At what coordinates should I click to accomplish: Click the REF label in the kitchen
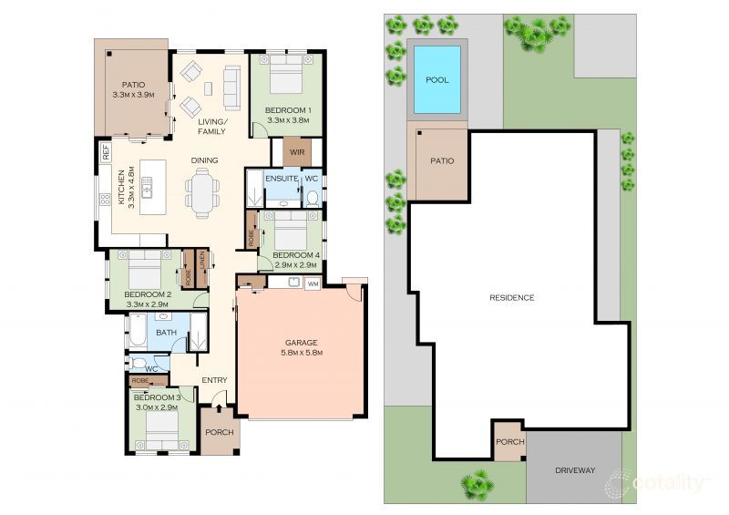[x=106, y=152]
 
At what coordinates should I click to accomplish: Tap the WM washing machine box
[x=313, y=283]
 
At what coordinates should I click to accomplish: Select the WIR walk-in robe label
[x=297, y=152]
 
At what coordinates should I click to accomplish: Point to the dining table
[x=202, y=193]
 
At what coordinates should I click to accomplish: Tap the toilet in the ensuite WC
[x=312, y=199]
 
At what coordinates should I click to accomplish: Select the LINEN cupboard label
[x=201, y=263]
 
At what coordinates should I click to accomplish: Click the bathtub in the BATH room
[x=138, y=330]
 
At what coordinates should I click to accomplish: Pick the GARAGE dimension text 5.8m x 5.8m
[x=302, y=353]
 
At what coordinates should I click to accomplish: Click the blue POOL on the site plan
[x=437, y=79]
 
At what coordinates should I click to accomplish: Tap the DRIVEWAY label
[x=575, y=470]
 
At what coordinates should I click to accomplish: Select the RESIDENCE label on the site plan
[x=512, y=298]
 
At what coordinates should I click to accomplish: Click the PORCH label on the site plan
[x=510, y=441]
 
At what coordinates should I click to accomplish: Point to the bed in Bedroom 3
[x=162, y=430]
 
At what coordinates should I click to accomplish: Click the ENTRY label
[x=214, y=380]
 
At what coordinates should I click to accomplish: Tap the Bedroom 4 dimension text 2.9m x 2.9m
[x=295, y=265]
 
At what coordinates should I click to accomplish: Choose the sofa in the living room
[x=232, y=88]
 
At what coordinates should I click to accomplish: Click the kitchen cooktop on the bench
[x=106, y=200]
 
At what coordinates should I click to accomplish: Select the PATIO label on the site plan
[x=442, y=160]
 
